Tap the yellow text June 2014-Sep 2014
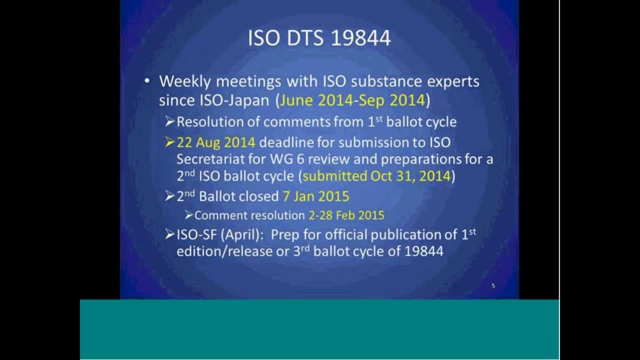point(352,100)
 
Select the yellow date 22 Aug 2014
point(216,142)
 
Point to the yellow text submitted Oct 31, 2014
point(377,176)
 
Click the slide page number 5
point(493,286)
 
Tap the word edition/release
point(231,251)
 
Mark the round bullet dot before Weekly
point(146,81)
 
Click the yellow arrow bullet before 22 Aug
point(170,142)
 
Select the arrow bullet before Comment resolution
point(188,215)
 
